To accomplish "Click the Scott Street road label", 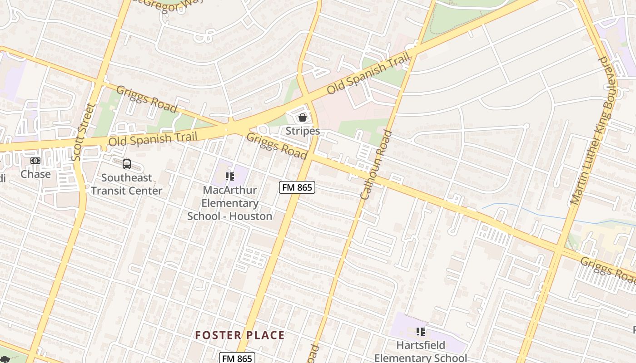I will (83, 132).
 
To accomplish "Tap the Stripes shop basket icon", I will (303, 118).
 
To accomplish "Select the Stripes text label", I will (303, 131).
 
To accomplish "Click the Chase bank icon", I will (35, 161).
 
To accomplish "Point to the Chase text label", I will (35, 174).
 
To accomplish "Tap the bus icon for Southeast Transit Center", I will (127, 164).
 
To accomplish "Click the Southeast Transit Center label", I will (126, 184).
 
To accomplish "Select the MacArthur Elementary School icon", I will (230, 176).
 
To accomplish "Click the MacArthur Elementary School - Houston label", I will (230, 203).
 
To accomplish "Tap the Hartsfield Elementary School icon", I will (421, 332).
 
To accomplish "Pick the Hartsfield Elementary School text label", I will (421, 351).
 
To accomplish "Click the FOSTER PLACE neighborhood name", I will (240, 335).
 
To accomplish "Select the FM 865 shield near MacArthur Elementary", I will (297, 187).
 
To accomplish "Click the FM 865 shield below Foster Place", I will (237, 358).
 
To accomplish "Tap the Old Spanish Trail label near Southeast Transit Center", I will (153, 139).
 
